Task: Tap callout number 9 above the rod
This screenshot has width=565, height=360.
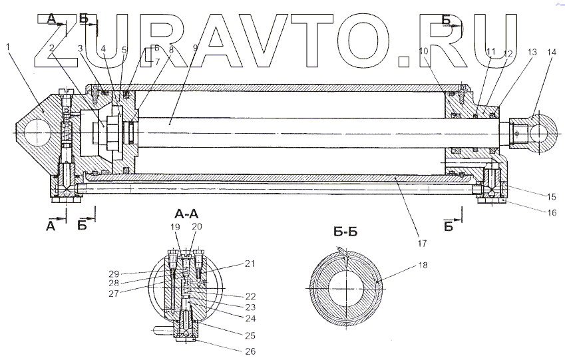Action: (195, 48)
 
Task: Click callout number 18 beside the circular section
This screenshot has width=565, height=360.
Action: (423, 265)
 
